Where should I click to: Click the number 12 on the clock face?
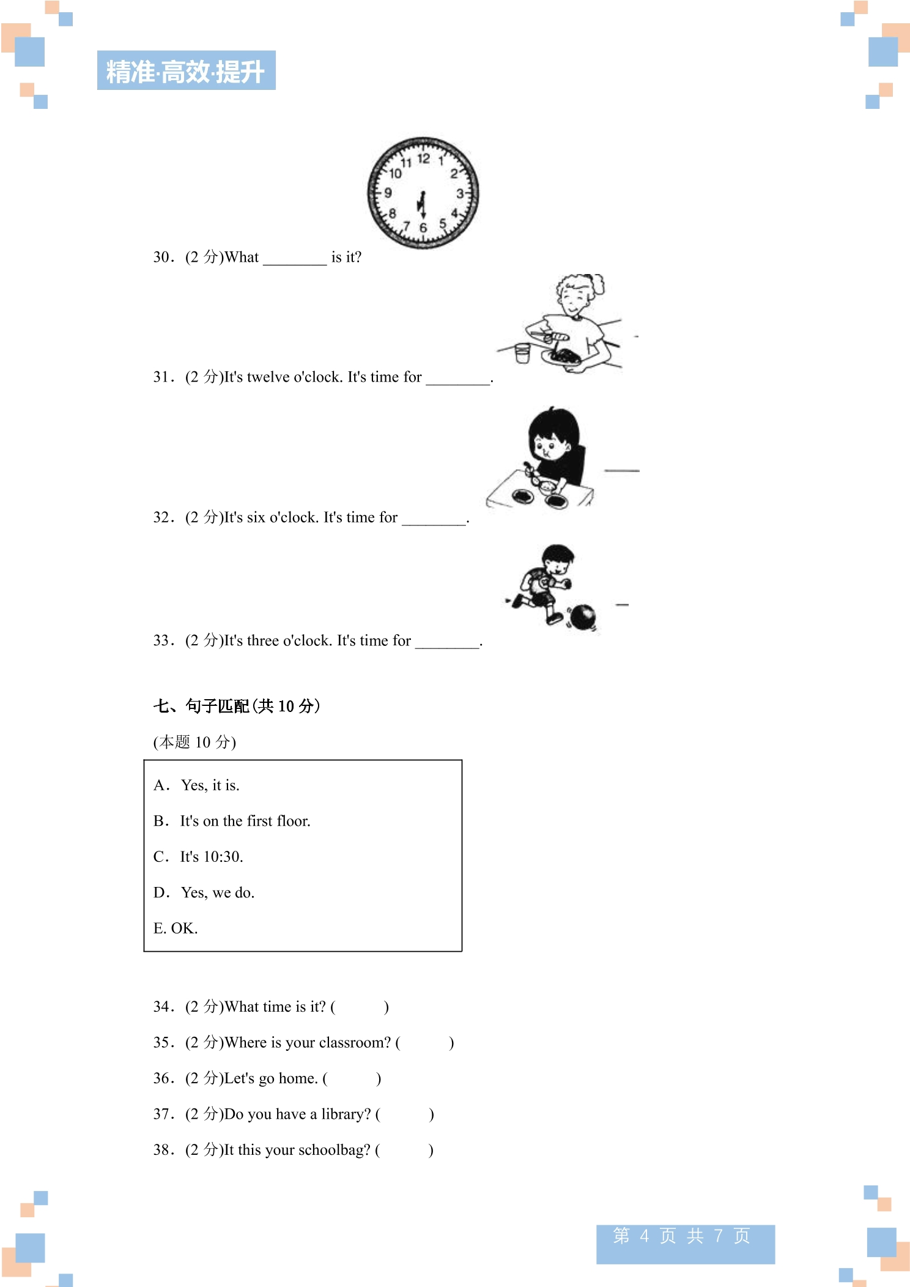pos(424,159)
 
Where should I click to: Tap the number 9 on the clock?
pos(388,193)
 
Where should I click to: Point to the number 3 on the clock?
pos(460,194)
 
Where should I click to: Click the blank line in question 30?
pos(295,264)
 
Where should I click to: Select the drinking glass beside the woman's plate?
pos(522,353)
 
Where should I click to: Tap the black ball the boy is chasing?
pos(582,617)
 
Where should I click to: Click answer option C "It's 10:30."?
pos(198,856)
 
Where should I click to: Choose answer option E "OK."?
pos(176,928)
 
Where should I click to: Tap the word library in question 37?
pos(346,1115)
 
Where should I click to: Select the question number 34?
pos(164,1007)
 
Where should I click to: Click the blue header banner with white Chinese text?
pos(187,70)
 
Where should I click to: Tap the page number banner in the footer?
pos(686,1244)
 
